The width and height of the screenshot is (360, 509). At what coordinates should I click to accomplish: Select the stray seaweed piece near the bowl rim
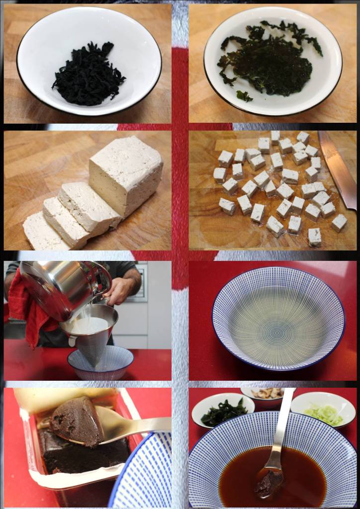(x=244, y=95)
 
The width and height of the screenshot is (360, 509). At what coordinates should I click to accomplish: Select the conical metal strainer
(x=90, y=338)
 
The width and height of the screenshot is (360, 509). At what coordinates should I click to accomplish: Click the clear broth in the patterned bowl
(x=278, y=318)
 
